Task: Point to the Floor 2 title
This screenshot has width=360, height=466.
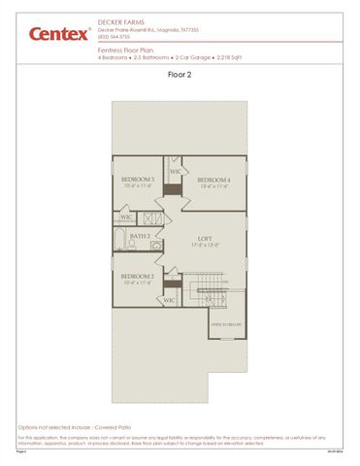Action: click(x=180, y=74)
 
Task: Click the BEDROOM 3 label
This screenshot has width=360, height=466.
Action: click(x=138, y=180)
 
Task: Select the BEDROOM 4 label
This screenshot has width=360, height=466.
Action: click(x=213, y=180)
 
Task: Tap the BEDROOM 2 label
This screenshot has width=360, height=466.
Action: click(x=138, y=277)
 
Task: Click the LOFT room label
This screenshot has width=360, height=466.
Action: click(x=204, y=238)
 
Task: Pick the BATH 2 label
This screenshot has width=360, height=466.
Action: click(x=141, y=236)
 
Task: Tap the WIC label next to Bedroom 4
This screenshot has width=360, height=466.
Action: click(x=176, y=172)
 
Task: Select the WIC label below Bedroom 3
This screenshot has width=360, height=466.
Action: click(x=126, y=217)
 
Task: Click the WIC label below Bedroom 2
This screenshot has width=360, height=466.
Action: click(x=168, y=300)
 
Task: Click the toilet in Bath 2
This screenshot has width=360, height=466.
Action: click(x=156, y=249)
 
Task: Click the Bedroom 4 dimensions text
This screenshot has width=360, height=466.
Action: click(x=213, y=186)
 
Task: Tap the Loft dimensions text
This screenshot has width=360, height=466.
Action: click(x=204, y=245)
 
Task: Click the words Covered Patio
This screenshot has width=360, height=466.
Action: click(x=115, y=426)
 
